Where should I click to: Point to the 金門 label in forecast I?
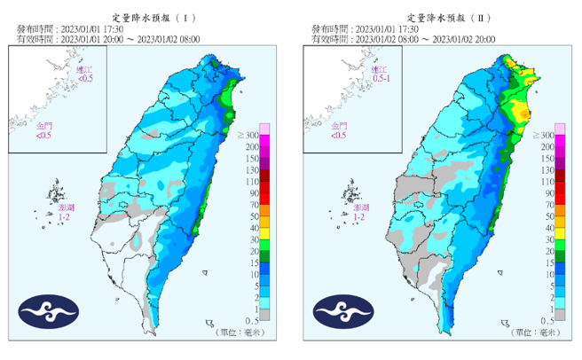click(x=43, y=131)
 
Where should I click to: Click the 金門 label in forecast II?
click(x=338, y=131)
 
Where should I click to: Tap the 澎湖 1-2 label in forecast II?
click(x=358, y=212)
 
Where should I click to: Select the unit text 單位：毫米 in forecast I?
click(x=241, y=332)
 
